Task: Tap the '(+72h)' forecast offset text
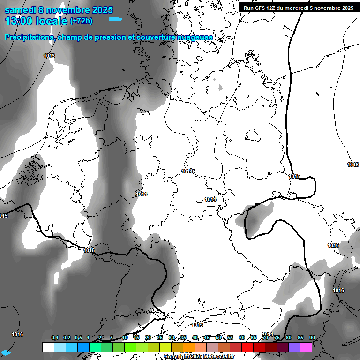pyautogui.click(x=81, y=21)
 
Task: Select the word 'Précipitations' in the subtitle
pyautogui.click(x=29, y=37)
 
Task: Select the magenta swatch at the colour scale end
pyautogui.click(x=306, y=347)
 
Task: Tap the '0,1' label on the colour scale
pyautogui.click(x=55, y=338)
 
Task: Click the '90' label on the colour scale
pyautogui.click(x=312, y=338)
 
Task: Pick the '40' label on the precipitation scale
pyautogui.click(x=195, y=338)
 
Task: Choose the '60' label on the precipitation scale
pyautogui.click(x=242, y=338)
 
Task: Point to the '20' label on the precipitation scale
pyautogui.click(x=148, y=338)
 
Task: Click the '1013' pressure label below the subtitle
pyautogui.click(x=49, y=56)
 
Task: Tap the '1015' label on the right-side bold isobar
pyautogui.click(x=294, y=176)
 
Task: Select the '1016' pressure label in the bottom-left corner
pyautogui.click(x=17, y=334)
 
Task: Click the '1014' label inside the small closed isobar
pyautogui.click(x=210, y=199)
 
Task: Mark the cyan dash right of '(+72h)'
pyautogui.click(x=115, y=19)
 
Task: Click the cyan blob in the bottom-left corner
pyautogui.click(x=6, y=352)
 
